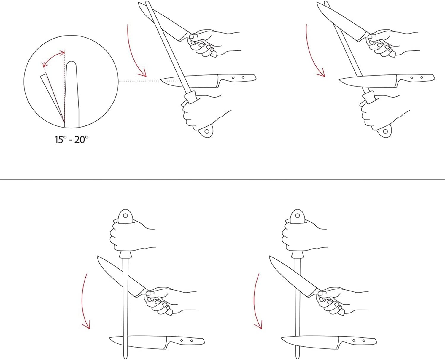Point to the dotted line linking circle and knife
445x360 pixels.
(x=150, y=81)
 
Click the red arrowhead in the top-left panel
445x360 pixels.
(x=143, y=74)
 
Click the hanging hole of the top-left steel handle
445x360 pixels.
(x=206, y=131)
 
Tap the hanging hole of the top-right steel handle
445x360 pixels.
(x=385, y=131)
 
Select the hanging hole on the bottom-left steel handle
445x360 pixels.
(x=125, y=215)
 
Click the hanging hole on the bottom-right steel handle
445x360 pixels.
(x=298, y=215)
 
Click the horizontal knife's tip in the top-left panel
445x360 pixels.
(x=161, y=79)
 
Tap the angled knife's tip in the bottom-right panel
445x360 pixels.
(x=269, y=257)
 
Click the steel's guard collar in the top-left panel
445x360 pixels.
(x=190, y=98)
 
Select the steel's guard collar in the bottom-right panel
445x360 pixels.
(x=298, y=255)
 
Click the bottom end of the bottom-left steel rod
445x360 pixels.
(x=125, y=358)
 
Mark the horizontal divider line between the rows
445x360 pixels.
(x=223, y=179)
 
